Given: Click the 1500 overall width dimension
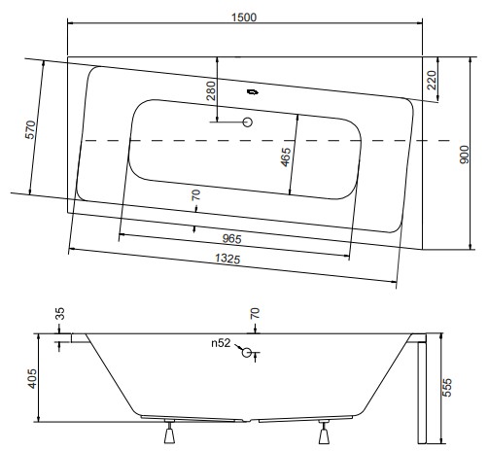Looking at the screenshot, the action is [x=244, y=17].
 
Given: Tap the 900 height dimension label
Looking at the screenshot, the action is [x=465, y=155].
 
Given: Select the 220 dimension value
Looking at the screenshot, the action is [x=432, y=81].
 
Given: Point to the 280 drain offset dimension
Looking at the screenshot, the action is [x=211, y=90].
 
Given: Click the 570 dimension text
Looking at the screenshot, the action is [x=30, y=129].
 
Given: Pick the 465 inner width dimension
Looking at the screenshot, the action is [x=286, y=157].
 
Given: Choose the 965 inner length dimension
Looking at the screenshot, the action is [x=232, y=239].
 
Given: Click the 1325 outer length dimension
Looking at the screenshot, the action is [x=227, y=259].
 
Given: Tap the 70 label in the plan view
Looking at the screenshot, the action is [x=195, y=195].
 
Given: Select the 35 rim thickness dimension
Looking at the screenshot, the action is [x=60, y=314].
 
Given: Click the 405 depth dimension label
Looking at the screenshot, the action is [x=32, y=378].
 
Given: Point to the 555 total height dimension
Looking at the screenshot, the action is [x=447, y=387].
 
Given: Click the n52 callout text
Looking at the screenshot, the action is [x=221, y=343].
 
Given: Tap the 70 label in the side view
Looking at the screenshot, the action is [x=255, y=313].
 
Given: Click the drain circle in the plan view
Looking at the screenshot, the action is [x=248, y=122].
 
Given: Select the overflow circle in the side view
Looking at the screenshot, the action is [x=247, y=352].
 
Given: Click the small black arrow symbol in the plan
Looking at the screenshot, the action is [x=253, y=92].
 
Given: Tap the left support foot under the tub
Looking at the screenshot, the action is [x=169, y=433].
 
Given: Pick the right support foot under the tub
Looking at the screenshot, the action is [x=324, y=433].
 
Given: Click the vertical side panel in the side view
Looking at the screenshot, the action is [x=422, y=393].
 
